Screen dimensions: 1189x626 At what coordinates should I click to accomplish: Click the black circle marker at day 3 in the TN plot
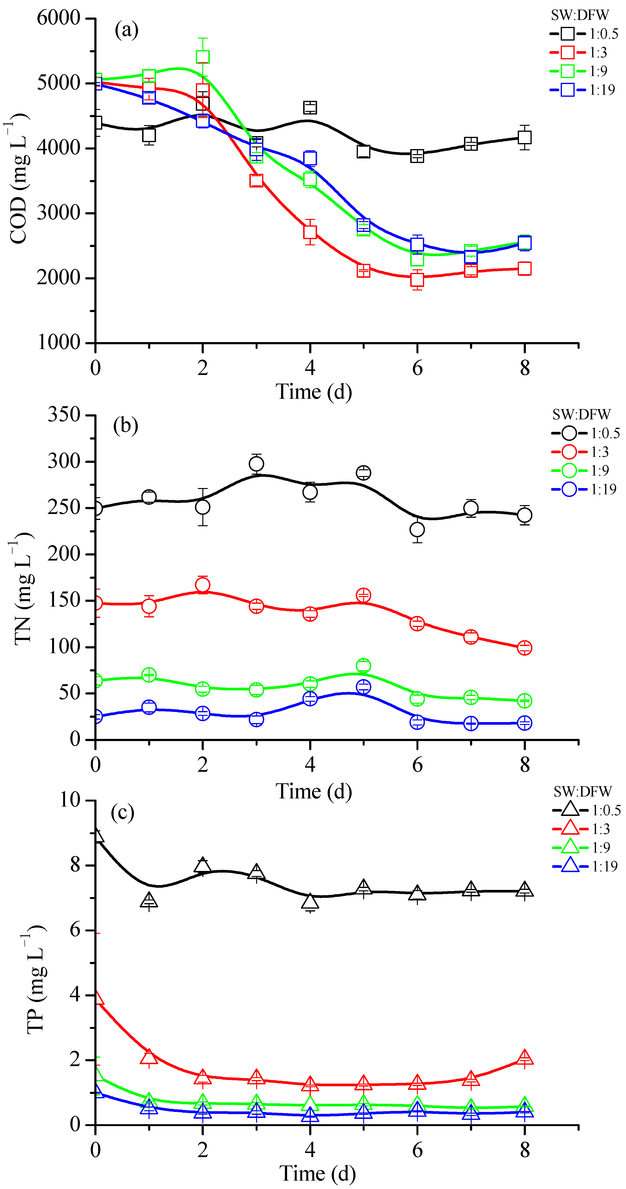(x=256, y=463)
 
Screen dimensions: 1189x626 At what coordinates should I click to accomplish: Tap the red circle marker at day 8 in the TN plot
(x=524, y=648)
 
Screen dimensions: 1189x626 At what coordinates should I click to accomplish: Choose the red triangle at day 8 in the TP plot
(x=524, y=1057)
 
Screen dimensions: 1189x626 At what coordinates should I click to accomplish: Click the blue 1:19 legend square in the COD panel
(x=567, y=90)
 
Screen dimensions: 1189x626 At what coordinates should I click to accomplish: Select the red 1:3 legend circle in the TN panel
(x=569, y=452)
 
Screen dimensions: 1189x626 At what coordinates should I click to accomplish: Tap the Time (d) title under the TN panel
(x=314, y=791)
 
